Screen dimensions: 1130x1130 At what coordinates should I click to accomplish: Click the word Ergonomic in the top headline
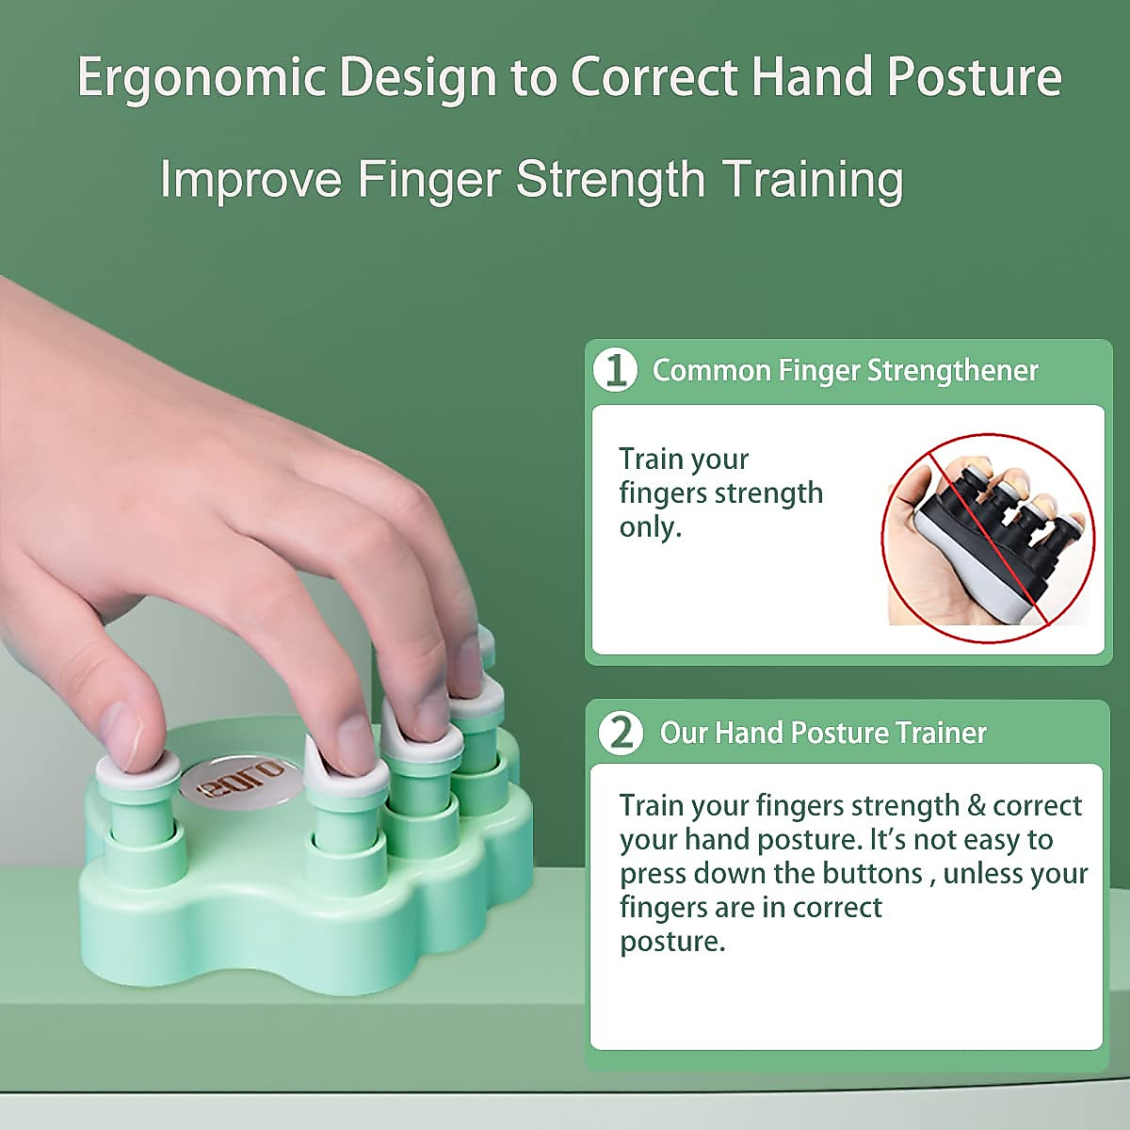click(x=200, y=77)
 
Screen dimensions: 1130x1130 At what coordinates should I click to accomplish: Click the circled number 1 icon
click(x=616, y=370)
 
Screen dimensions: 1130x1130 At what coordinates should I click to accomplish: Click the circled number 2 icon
click(x=621, y=733)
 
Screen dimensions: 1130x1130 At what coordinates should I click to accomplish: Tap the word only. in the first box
click(x=650, y=527)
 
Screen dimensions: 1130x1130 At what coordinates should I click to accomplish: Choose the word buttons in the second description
click(x=872, y=873)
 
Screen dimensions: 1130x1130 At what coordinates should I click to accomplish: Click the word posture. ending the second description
click(x=672, y=942)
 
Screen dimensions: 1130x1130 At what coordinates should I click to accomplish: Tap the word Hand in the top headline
click(x=812, y=77)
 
